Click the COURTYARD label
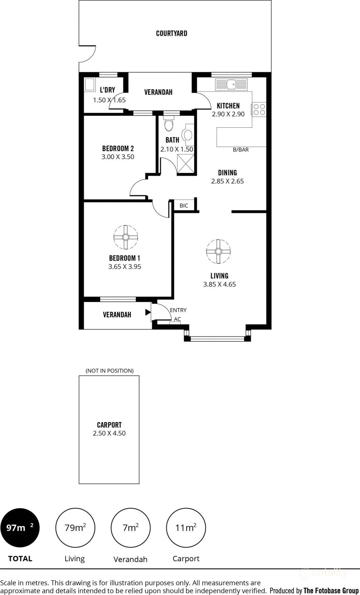171,33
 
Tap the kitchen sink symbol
231,84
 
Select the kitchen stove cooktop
259,109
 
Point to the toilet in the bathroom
169,125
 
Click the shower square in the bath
185,163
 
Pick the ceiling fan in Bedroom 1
125,237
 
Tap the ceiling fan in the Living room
218,251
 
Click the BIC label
184,205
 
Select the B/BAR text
241,150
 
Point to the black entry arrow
148,313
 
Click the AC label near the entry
177,319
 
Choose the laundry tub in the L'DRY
89,85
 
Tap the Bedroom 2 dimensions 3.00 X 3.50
118,157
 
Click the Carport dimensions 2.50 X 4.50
109,433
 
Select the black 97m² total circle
20,528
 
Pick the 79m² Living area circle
75,528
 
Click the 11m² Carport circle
186,528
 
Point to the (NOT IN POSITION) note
110,370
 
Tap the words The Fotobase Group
331,591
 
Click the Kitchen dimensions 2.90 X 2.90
228,114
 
